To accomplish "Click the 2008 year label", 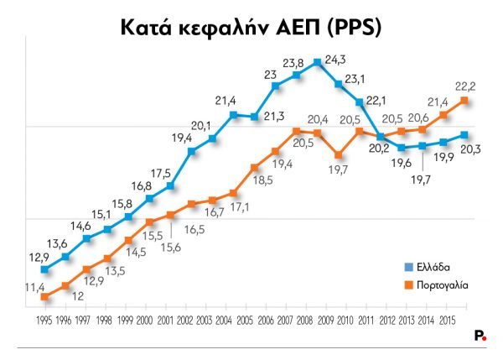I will [305, 321].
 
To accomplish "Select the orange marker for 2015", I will [464, 101].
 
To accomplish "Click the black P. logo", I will [480, 335].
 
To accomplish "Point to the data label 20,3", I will [470, 149].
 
